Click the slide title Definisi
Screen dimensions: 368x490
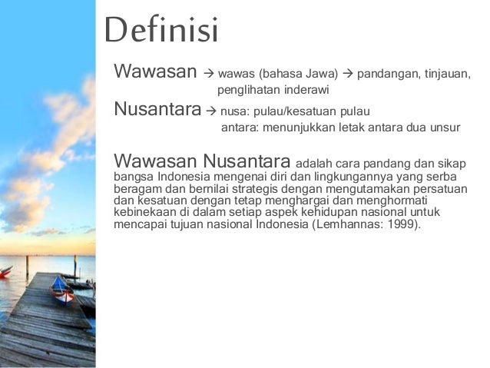click(x=161, y=32)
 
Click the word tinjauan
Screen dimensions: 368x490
click(x=445, y=75)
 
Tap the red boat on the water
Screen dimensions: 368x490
click(x=5, y=272)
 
